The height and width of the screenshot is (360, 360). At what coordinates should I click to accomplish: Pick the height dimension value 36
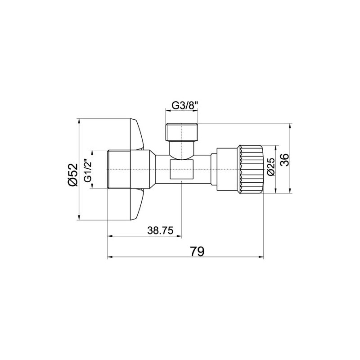[x=284, y=160]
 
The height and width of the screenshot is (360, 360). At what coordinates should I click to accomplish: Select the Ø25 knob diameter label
[x=270, y=167]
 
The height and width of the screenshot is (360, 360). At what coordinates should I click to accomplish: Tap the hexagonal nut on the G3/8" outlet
[x=182, y=131]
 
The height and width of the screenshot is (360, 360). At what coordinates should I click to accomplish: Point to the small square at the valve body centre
[x=182, y=169]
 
